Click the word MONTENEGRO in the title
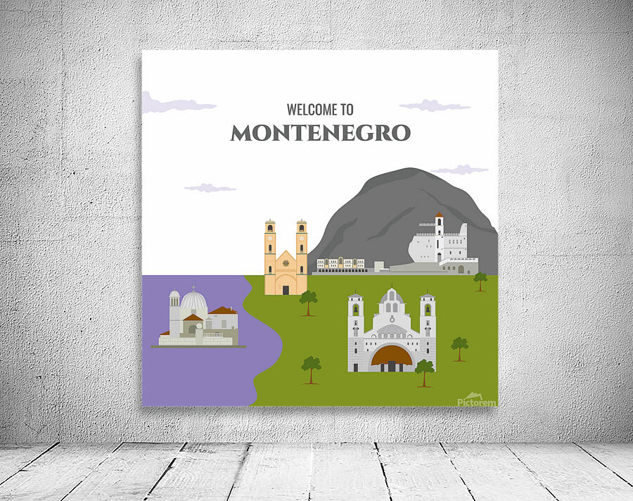[x=320, y=133]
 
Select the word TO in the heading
[x=346, y=110]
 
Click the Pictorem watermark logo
[x=476, y=400]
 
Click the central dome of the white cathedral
[x=392, y=298]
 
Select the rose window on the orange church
[x=286, y=263]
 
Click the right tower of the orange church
[x=302, y=246]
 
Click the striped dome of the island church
[x=194, y=303]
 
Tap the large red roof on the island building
[x=222, y=310]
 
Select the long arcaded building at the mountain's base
[x=341, y=265]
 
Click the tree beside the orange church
[x=308, y=300]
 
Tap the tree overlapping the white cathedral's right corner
[x=424, y=370]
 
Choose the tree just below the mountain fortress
[x=480, y=280]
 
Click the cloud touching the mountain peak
[x=460, y=170]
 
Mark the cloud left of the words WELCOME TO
[x=176, y=105]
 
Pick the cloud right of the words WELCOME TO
[x=434, y=106]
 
